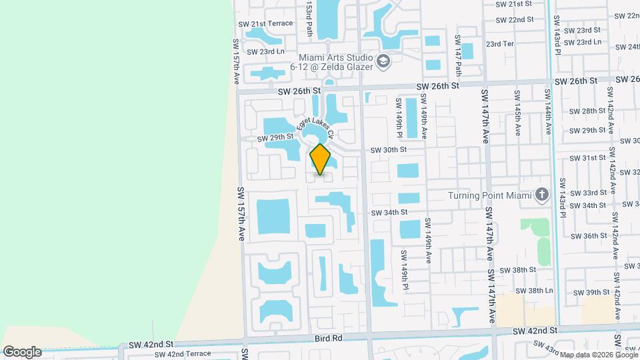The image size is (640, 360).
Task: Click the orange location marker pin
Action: (320, 159)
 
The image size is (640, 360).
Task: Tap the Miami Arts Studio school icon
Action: (383, 62)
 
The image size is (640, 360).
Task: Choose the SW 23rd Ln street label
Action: (265, 51)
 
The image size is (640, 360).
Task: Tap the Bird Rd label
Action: (329, 338)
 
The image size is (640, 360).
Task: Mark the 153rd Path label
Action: (309, 18)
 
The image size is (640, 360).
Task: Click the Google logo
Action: (21, 351)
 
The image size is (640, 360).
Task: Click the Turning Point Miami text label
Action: (490, 195)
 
